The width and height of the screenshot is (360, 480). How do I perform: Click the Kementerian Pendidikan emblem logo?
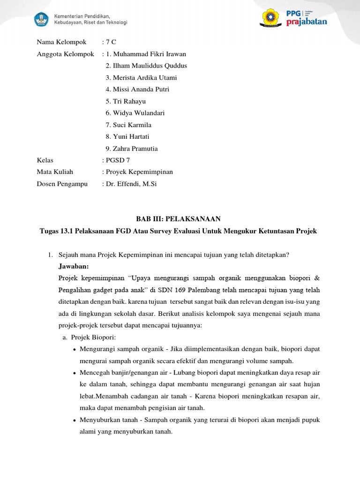(41, 19)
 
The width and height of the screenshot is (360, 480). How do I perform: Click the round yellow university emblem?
(271, 18)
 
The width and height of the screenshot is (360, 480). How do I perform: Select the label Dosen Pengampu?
(62, 184)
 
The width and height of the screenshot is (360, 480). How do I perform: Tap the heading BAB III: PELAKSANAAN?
(178, 219)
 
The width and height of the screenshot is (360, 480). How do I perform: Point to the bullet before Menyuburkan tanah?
(75, 420)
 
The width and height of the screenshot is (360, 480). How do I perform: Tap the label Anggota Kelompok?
(66, 54)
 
